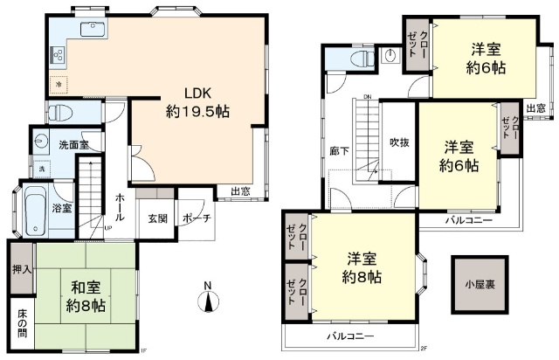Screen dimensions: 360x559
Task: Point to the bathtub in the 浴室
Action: pos(37,210)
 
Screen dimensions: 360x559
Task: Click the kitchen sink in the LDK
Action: pos(92,31)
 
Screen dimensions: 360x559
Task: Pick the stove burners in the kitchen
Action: pos(59,58)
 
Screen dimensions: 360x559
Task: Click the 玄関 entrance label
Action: pos(157,218)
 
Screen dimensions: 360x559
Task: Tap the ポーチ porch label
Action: pos(197,218)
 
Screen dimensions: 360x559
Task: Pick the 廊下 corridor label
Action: pos(340,150)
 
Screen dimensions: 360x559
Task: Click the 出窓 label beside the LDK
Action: pos(242,191)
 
